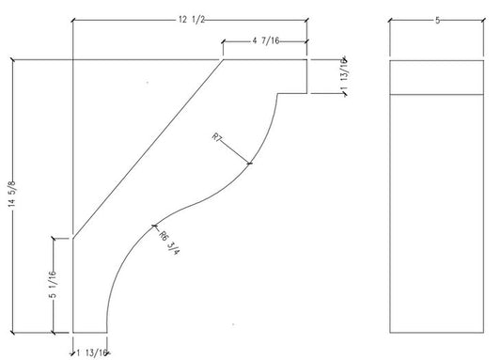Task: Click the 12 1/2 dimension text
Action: tap(192, 20)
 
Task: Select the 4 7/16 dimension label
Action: tap(266, 40)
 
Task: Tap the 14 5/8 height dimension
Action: tap(12, 194)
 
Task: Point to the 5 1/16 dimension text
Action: tap(53, 284)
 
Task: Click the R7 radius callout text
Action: tap(217, 137)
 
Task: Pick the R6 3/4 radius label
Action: tap(169, 243)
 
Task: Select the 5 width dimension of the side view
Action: tap(437, 21)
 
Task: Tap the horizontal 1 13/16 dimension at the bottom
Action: tap(91, 353)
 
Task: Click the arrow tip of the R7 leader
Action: tap(250, 164)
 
